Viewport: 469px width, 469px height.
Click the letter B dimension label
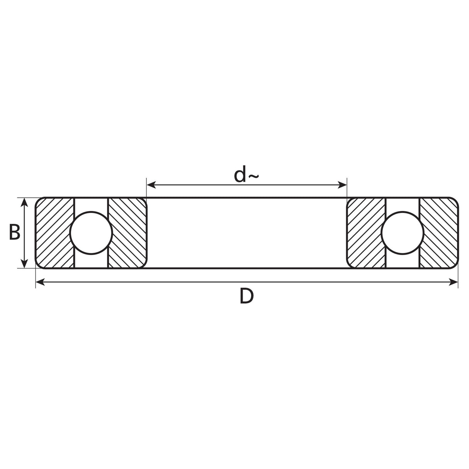(14, 233)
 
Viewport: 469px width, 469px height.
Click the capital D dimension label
(246, 296)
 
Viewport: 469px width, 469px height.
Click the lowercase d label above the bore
(240, 175)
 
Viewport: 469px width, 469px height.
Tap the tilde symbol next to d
(253, 177)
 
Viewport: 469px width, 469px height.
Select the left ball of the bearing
(91, 233)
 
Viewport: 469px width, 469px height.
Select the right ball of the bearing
(402, 233)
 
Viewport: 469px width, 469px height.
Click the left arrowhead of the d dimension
(152, 185)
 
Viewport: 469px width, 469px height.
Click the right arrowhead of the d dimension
(343, 185)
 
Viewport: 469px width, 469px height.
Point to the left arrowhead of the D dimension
(40, 283)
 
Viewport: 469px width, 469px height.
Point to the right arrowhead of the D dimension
(454, 283)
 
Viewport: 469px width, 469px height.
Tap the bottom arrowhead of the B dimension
(24, 263)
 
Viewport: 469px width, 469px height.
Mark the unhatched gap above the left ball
(91, 204)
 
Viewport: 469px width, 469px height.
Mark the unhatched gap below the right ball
(402, 261)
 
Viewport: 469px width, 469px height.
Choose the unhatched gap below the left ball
(91, 261)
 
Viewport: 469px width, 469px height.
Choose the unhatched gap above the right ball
(402, 204)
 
